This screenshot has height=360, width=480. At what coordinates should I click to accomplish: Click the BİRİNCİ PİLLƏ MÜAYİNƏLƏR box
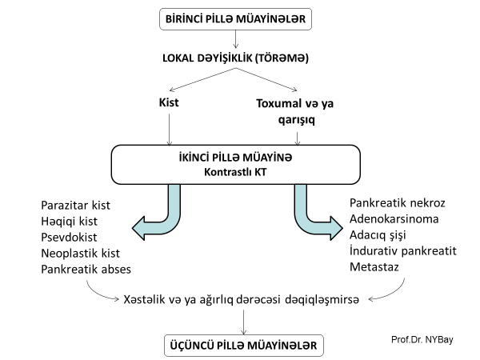tap(241, 18)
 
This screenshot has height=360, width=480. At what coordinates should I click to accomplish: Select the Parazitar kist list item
tap(77, 206)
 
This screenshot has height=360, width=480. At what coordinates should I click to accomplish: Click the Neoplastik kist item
tap(79, 254)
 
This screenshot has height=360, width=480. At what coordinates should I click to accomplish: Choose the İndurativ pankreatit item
tap(403, 251)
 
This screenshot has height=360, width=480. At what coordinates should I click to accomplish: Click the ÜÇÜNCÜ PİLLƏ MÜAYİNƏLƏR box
tap(241, 345)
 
